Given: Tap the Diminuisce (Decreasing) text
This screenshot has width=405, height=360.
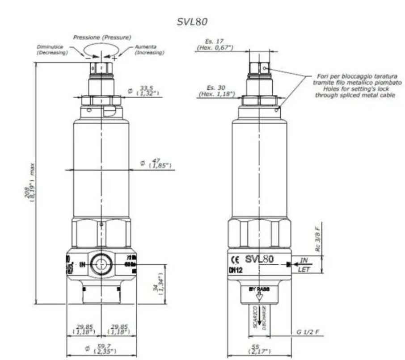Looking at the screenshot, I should click(x=52, y=50).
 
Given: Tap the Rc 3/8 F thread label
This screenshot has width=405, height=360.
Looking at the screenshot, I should click(x=318, y=239).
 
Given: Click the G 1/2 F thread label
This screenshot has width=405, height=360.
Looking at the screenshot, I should click(x=308, y=332).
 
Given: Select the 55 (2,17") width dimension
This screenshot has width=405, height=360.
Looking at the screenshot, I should click(x=256, y=349).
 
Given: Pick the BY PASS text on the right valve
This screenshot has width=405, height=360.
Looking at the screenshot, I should click(x=259, y=289).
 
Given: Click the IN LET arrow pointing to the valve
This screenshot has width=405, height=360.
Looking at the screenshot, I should click(x=309, y=265).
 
